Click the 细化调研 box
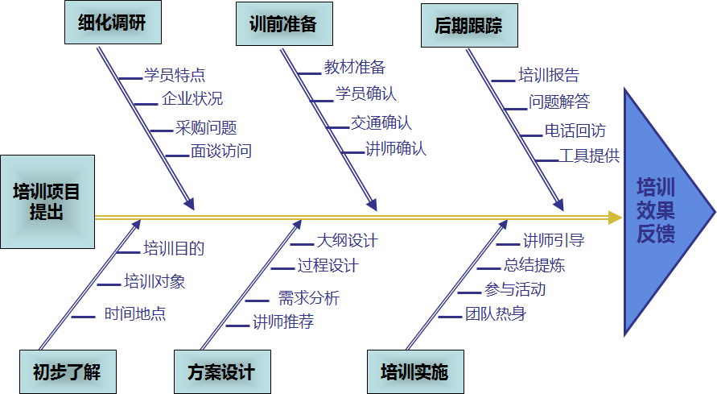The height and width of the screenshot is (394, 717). coord(113,23)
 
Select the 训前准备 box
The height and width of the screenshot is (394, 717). coord(278,24)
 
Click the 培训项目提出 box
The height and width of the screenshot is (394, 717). coord(47,201)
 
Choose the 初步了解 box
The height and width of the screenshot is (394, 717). coord(67,372)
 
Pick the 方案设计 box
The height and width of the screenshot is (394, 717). coord(221,372)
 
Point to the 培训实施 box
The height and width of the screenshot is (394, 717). coord(414,372)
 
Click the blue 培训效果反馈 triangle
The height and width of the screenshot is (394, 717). coord(660,211)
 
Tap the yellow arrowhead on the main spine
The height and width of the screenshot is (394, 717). coord(615,217)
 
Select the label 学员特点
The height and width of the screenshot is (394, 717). coord(175,75)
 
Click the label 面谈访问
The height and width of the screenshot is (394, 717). coord(221,151)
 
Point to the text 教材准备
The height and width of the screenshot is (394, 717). coord(355,67)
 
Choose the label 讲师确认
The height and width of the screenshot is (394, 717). coord(396,149)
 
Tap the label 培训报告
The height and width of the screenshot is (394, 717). coord(548,76)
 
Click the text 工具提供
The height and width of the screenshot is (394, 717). coord(589,156)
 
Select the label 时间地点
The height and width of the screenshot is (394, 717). coord(135,314)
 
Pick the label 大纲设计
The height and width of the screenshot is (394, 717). coord(347,240)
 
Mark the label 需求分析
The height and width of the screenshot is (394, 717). coord(309,298)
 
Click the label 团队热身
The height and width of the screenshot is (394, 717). coord(495,313)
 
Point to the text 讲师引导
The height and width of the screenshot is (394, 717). coord(554,240)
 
